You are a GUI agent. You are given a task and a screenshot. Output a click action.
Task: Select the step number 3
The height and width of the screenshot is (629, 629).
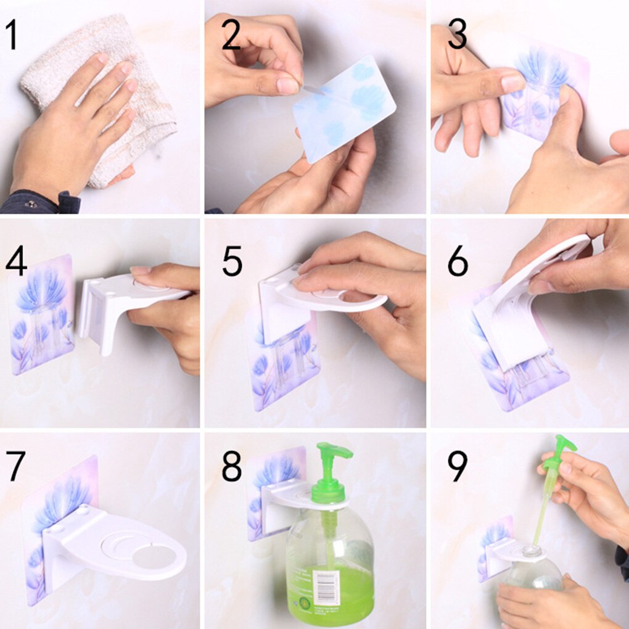[x=458, y=35]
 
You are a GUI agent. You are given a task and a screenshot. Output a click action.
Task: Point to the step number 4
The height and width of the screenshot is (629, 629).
[x=16, y=261]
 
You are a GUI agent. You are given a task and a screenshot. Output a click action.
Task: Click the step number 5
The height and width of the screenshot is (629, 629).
[x=232, y=261]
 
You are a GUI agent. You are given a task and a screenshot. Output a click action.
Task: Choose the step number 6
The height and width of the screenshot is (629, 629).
[x=458, y=261]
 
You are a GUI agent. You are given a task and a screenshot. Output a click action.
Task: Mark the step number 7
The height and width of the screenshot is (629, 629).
[x=15, y=466]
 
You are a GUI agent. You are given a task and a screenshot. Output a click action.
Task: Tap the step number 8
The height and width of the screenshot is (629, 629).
[x=232, y=466]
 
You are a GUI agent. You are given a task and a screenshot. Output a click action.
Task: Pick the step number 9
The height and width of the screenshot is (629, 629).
[x=458, y=466]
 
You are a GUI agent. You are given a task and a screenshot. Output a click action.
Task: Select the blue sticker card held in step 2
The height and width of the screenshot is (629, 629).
[x=344, y=109]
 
